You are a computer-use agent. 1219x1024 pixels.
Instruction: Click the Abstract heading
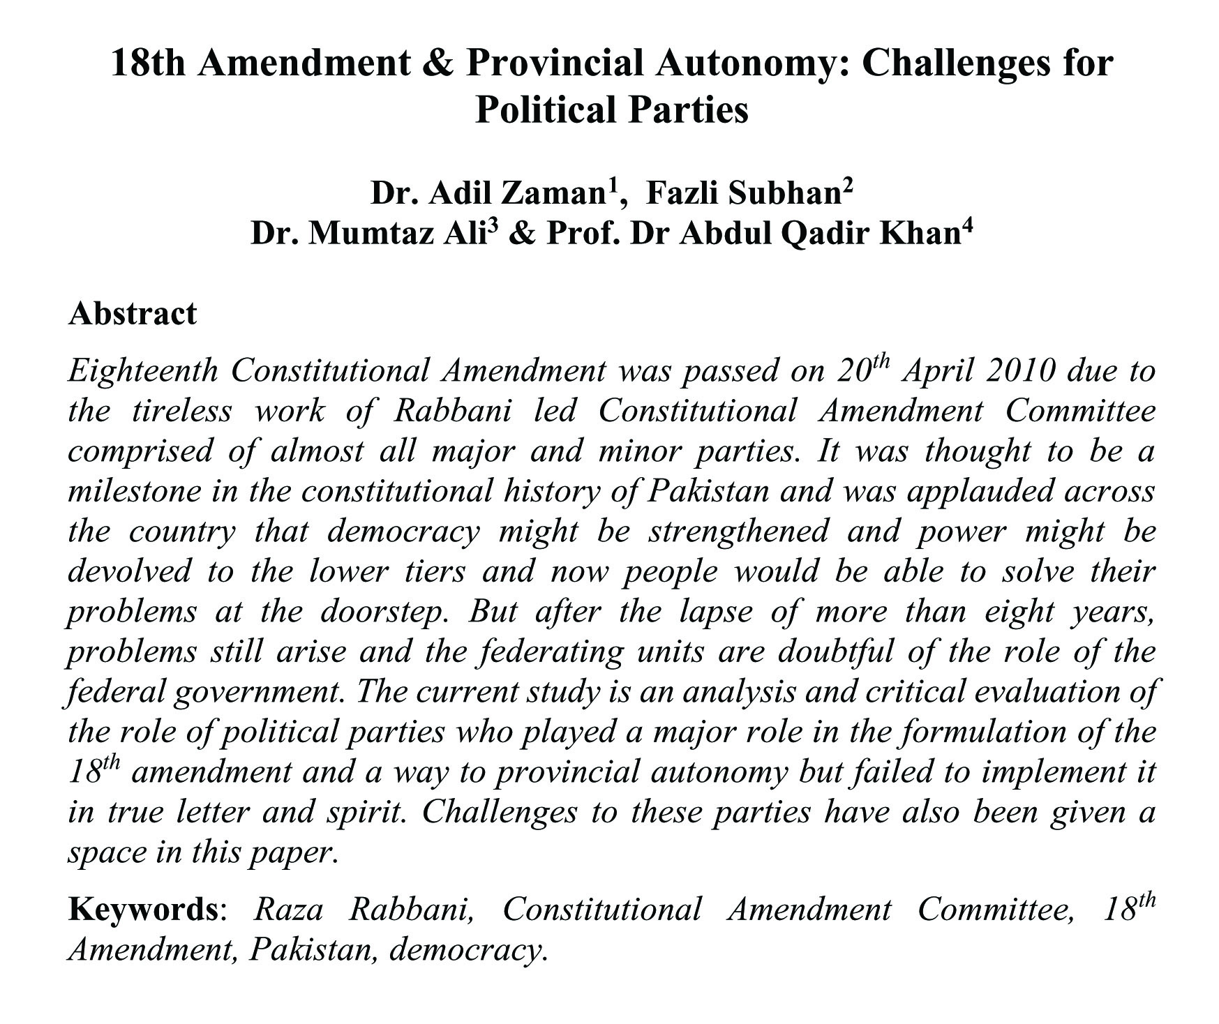point(133,314)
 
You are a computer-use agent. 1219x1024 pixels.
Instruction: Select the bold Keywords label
point(143,910)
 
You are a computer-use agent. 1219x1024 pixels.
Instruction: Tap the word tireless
point(181,411)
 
